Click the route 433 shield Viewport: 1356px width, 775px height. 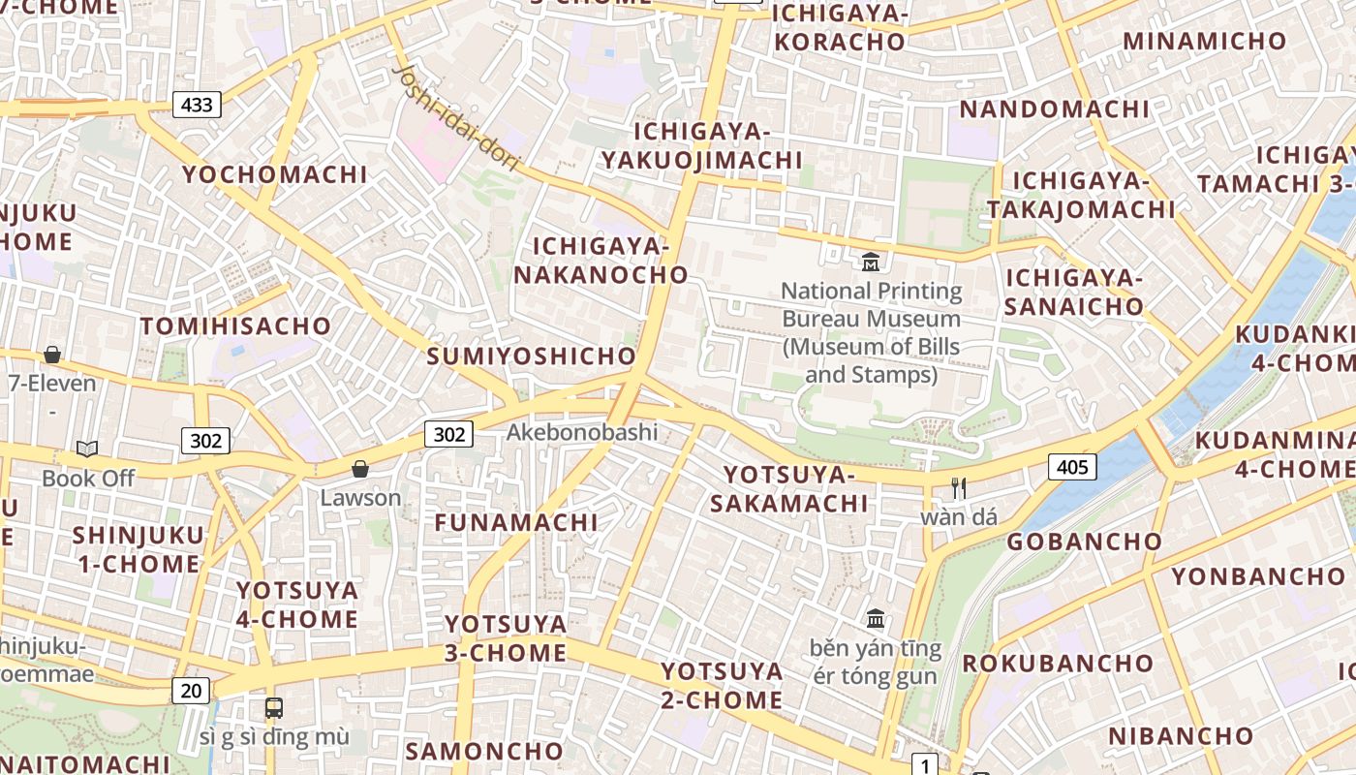[x=197, y=105]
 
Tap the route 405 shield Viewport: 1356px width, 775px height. [x=1071, y=468]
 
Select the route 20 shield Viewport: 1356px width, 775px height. [x=192, y=691]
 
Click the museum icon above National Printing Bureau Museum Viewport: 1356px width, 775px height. [x=871, y=262]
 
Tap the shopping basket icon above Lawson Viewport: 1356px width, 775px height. [x=360, y=470]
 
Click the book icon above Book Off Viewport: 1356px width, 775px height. [x=87, y=449]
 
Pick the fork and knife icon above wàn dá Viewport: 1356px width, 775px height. [x=959, y=488]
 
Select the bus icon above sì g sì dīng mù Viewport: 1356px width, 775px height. [x=274, y=708]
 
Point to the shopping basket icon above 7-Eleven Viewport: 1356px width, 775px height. [x=52, y=356]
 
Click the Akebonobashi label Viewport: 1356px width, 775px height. [x=582, y=432]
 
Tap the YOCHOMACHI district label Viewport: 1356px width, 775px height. [x=276, y=175]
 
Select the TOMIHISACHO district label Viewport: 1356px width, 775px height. [x=236, y=326]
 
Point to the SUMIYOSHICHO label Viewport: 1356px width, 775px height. [x=532, y=356]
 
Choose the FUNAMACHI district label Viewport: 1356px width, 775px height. [x=516, y=523]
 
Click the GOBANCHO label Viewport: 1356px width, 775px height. [x=1084, y=542]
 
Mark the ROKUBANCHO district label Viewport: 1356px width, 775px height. [x=1058, y=664]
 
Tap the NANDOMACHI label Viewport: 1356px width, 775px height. [x=1054, y=108]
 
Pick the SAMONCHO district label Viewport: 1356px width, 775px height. [x=484, y=751]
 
